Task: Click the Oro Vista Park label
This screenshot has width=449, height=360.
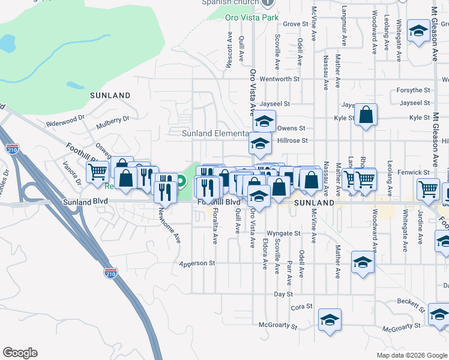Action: point(252,17)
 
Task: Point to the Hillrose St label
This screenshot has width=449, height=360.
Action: point(293,141)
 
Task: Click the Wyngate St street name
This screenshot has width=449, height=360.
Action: point(283,233)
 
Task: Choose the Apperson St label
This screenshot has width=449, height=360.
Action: point(196,263)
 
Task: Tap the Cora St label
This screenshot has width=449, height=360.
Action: point(302,307)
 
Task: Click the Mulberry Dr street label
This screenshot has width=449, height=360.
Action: point(113,123)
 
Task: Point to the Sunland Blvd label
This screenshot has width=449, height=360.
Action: point(85,203)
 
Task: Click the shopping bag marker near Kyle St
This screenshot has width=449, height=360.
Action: point(366,115)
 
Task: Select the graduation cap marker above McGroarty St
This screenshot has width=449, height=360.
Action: point(330,320)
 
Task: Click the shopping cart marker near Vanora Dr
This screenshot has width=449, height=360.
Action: point(97,172)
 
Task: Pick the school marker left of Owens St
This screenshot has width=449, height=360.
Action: point(264,122)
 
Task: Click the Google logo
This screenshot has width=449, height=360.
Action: point(20,353)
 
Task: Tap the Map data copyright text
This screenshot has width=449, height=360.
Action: point(411,355)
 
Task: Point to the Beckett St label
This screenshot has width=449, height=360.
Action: point(411,305)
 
